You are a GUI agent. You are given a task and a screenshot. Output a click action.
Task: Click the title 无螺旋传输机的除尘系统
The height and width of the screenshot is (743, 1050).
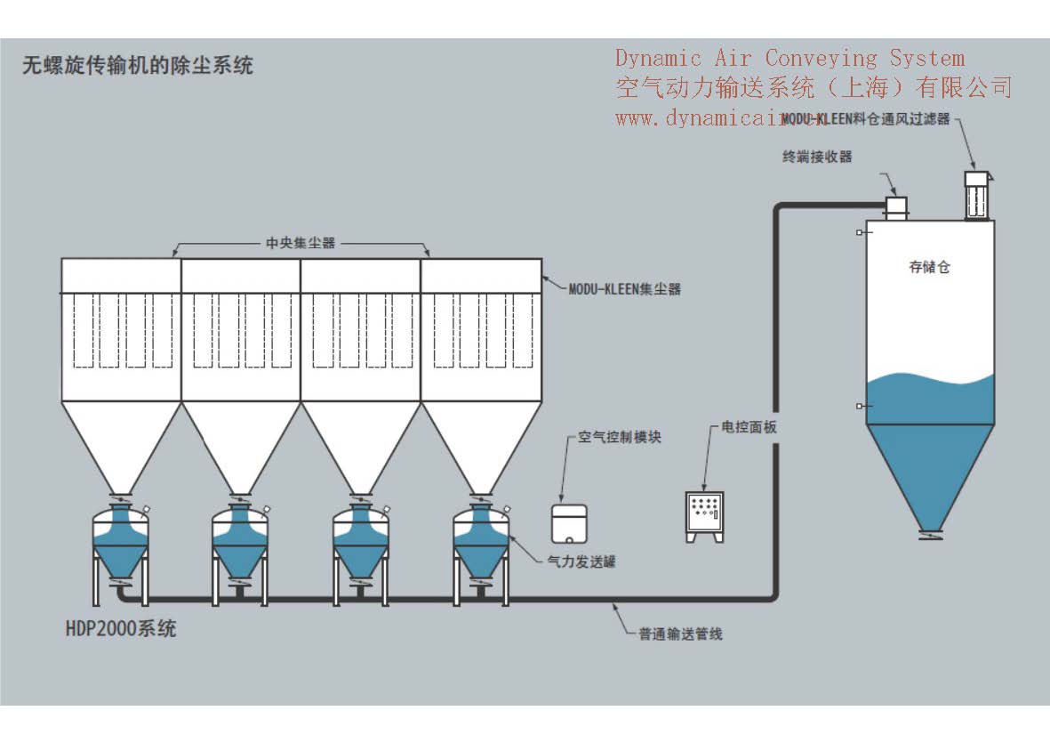[138, 65]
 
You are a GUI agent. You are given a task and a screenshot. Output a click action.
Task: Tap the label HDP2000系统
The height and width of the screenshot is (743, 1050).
[121, 628]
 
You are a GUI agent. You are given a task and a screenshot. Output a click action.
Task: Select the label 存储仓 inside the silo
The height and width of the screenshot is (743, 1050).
[929, 266]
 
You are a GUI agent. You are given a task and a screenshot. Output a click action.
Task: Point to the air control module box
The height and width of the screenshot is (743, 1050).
[569, 523]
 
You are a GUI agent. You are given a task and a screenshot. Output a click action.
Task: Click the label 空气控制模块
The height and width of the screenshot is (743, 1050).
[620, 437]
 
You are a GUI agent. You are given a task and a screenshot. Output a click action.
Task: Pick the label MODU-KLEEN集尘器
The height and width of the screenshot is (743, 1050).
[624, 289]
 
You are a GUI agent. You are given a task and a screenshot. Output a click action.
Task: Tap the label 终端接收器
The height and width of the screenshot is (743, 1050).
[817, 157]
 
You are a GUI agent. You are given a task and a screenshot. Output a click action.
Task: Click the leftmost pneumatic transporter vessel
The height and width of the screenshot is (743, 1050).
[121, 543]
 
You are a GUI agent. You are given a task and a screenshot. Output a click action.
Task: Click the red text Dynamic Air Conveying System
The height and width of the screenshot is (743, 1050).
[790, 59]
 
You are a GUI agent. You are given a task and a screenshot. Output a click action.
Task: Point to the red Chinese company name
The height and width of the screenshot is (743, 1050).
[814, 87]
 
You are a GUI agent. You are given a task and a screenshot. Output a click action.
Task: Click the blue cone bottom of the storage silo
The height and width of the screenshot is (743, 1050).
[930, 472]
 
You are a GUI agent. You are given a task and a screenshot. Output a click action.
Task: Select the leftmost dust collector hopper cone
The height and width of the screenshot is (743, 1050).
[121, 445]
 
